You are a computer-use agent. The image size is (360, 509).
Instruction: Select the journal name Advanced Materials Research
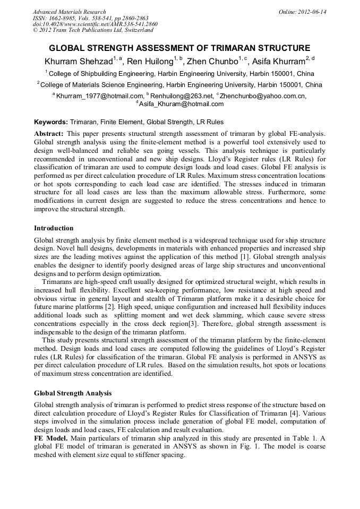coord(69,12)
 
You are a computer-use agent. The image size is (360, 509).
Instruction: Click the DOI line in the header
coord(95,24)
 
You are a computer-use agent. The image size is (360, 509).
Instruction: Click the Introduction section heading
coord(54,228)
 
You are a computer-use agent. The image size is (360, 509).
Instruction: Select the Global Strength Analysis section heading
coord(73,393)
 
